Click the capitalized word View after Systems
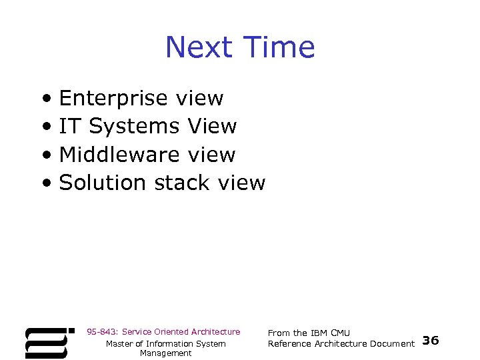pyautogui.click(x=212, y=126)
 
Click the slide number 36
pyautogui.click(x=431, y=341)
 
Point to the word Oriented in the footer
pyautogui.click(x=171, y=332)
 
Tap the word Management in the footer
pyautogui.click(x=165, y=353)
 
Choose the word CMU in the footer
pyautogui.click(x=340, y=333)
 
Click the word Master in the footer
pyautogui.click(x=120, y=343)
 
